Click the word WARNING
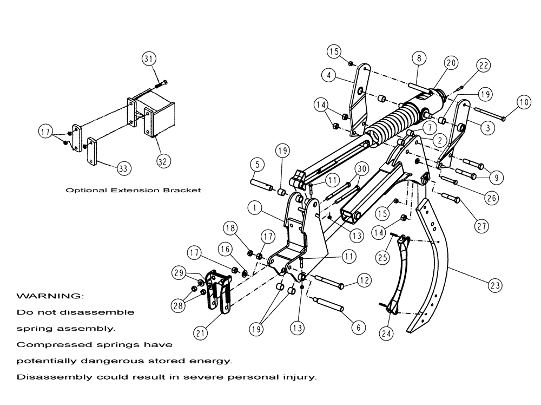tap(50, 297)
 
